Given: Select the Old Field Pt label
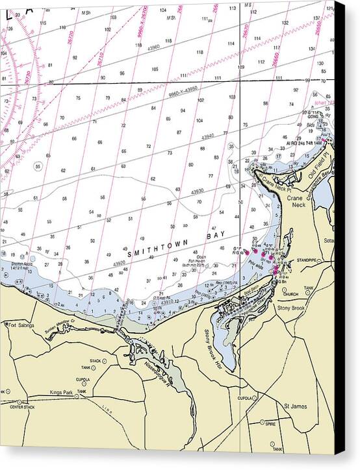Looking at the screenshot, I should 320,167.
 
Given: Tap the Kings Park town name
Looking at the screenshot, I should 63,392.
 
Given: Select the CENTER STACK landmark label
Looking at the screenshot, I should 21,407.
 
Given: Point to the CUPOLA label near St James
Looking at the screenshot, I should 244,398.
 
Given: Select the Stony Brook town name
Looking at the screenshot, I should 290,308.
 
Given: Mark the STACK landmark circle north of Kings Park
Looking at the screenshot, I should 93,368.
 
